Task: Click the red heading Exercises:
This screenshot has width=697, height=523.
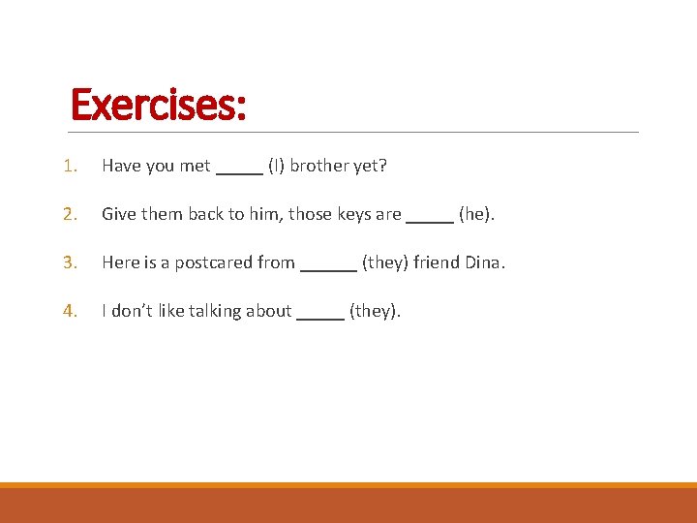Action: [x=159, y=105]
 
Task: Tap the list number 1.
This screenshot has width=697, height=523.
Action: [x=69, y=166]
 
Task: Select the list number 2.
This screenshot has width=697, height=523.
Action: [x=69, y=214]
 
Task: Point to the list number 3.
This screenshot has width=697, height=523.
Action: [x=69, y=262]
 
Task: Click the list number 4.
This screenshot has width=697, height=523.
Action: [x=69, y=311]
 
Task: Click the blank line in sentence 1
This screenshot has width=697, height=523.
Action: [x=239, y=171]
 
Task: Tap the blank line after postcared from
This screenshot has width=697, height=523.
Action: [x=328, y=268]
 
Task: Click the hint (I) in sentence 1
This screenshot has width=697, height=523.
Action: [x=276, y=166]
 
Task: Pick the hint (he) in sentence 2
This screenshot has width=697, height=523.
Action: [x=475, y=214]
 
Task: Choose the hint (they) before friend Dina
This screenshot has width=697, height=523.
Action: [x=385, y=262]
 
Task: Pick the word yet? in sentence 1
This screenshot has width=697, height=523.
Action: [x=370, y=166]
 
